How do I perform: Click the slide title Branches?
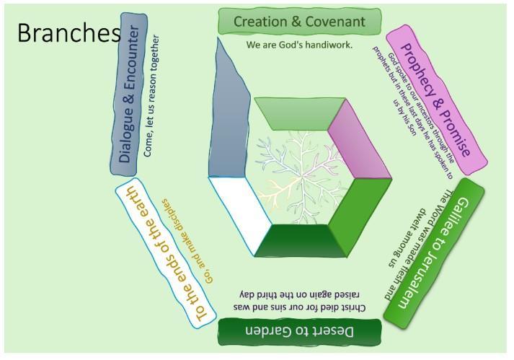tap(68, 33)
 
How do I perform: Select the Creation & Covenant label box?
tap(300, 22)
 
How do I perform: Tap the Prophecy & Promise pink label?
tap(436, 100)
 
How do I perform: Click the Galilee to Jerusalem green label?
tap(433, 253)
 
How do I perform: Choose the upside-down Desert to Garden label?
tap(300, 331)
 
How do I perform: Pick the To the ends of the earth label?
tap(166, 253)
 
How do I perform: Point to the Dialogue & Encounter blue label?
tap(129, 95)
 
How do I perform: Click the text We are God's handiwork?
tap(299, 45)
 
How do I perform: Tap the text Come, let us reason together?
tap(152, 95)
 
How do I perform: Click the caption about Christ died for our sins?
tap(299, 301)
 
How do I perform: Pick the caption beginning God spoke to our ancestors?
tap(414, 112)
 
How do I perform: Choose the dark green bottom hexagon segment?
tap(300, 240)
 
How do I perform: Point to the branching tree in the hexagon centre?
tap(300, 177)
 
